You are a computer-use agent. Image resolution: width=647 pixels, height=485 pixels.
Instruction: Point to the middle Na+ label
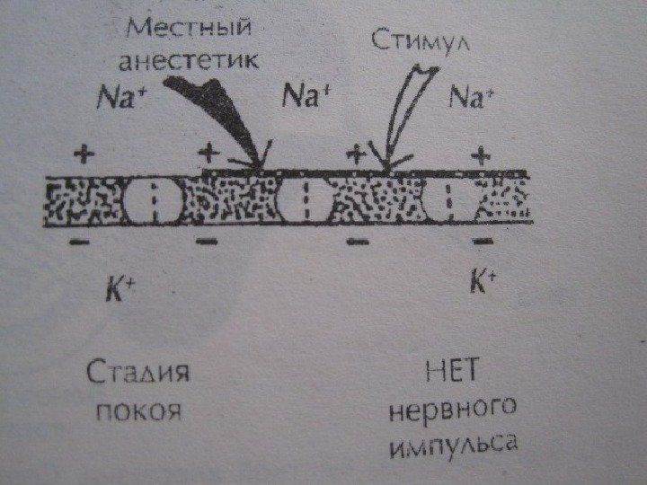click(307, 94)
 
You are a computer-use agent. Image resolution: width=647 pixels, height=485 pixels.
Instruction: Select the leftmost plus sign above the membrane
click(84, 154)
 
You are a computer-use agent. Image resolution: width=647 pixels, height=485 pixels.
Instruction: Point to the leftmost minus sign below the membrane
click(79, 242)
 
